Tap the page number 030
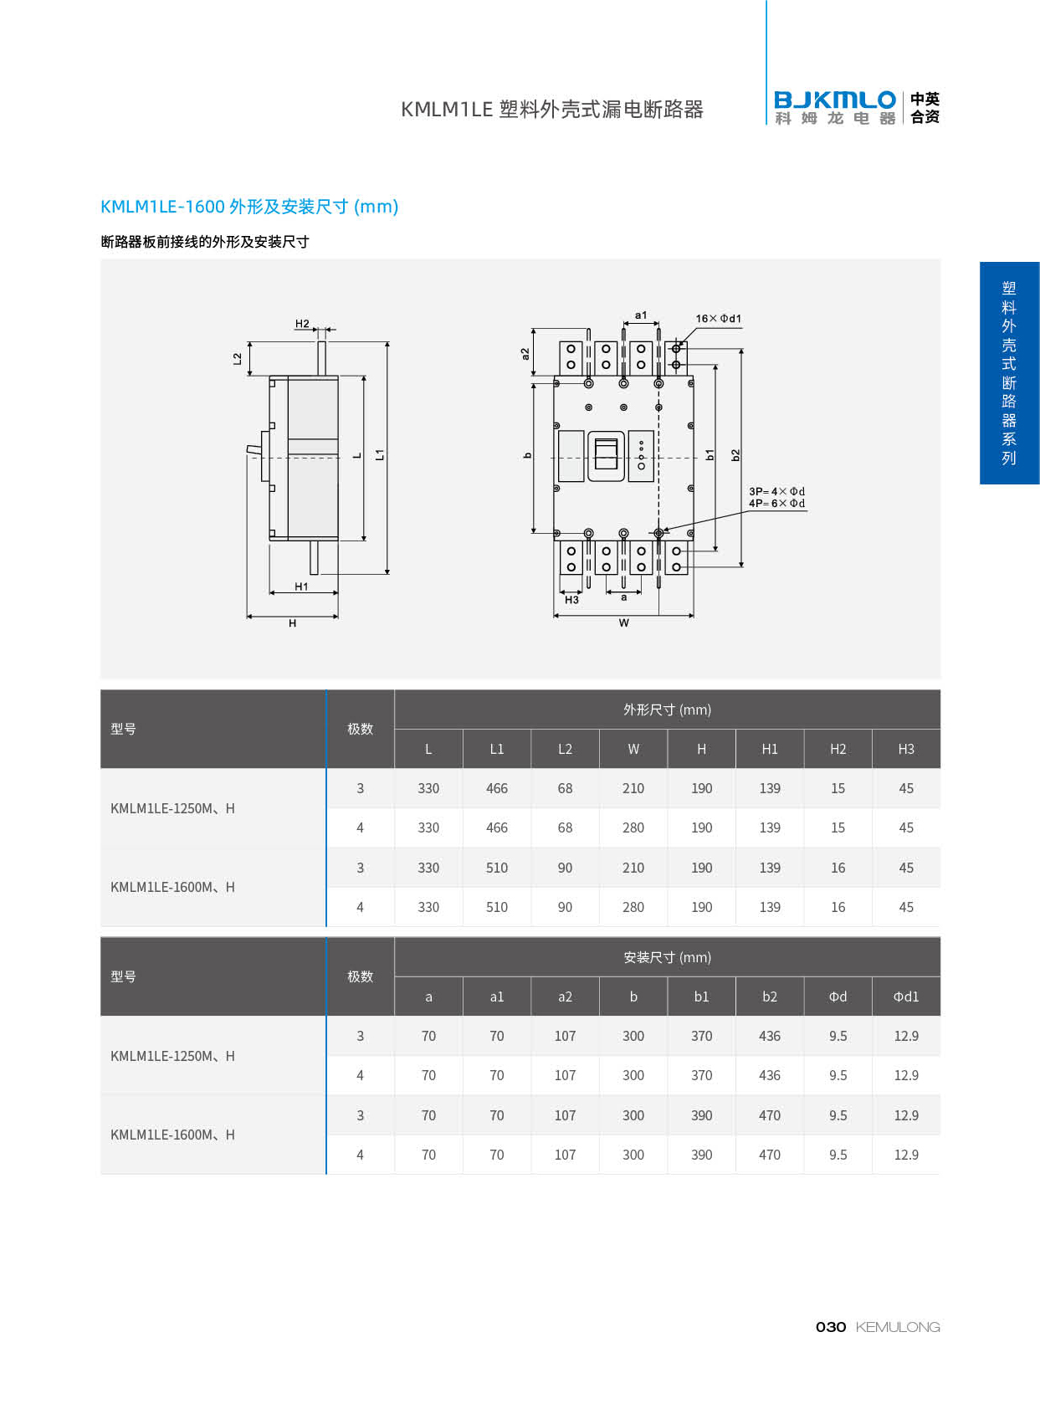pos(830,1327)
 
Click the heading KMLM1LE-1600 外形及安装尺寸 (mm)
pos(249,207)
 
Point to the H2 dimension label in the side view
pos(302,324)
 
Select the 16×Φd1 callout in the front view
pos(718,319)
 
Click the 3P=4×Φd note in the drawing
pos(776,491)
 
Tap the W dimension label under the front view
pos(624,623)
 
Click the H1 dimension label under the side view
pos(301,587)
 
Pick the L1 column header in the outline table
pos(497,749)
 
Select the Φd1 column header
pos(906,997)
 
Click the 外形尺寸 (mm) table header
pos(667,710)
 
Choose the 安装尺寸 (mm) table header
pos(667,957)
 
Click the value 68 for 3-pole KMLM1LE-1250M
pos(566,788)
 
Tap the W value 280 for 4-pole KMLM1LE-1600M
pos(633,907)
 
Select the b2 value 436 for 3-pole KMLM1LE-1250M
pos(770,1036)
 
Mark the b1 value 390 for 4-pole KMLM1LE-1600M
pos(702,1155)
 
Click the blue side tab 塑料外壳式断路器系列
pos(1009,373)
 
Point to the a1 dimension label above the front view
pos(641,315)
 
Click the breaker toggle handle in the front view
pos(606,455)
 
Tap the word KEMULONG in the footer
pos(898,1327)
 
